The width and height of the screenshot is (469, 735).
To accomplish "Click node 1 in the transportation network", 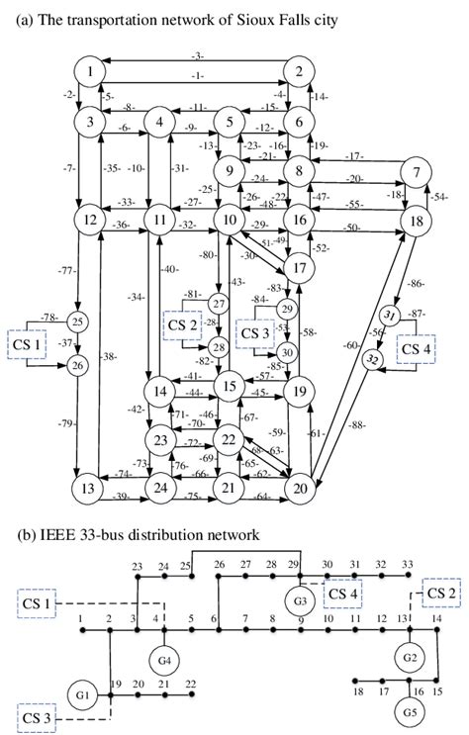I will (90, 71).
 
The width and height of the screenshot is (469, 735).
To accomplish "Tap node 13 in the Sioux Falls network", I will (89, 488).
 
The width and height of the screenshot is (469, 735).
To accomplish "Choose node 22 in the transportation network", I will (230, 438).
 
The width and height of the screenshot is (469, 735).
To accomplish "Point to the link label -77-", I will (67, 268).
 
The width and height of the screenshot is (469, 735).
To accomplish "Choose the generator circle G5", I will (409, 710).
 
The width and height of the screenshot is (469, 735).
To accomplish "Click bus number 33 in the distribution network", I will (407, 565).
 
